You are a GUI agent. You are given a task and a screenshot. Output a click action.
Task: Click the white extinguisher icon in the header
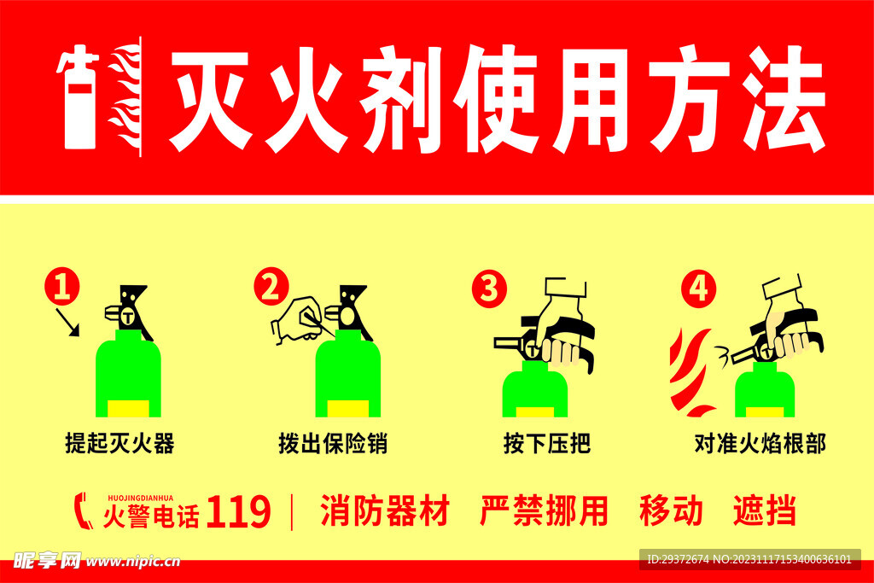point(79,98)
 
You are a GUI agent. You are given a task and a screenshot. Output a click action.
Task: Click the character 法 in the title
point(784,99)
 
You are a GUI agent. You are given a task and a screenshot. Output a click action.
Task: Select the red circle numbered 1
point(61,287)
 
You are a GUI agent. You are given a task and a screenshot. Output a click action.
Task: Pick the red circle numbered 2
point(271,287)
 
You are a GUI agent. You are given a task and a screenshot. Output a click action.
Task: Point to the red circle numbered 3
point(489,289)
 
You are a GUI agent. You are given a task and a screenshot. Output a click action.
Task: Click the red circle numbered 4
point(698,289)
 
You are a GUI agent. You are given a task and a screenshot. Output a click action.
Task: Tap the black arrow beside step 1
point(68,323)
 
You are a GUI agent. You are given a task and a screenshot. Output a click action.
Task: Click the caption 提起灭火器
point(119,444)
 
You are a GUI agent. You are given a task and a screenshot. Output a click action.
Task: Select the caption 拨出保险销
point(333,444)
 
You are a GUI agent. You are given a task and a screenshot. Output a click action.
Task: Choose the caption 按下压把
point(547,444)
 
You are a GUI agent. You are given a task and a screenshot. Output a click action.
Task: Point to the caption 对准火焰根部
point(760,444)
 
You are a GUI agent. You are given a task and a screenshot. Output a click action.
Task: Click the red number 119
point(239,511)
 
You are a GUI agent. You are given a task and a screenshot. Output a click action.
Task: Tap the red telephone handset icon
point(83,510)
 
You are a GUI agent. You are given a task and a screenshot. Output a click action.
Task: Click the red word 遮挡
point(764,510)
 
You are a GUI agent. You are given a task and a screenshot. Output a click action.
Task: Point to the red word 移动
point(671,510)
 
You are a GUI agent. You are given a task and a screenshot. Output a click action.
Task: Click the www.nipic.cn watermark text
point(133,562)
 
